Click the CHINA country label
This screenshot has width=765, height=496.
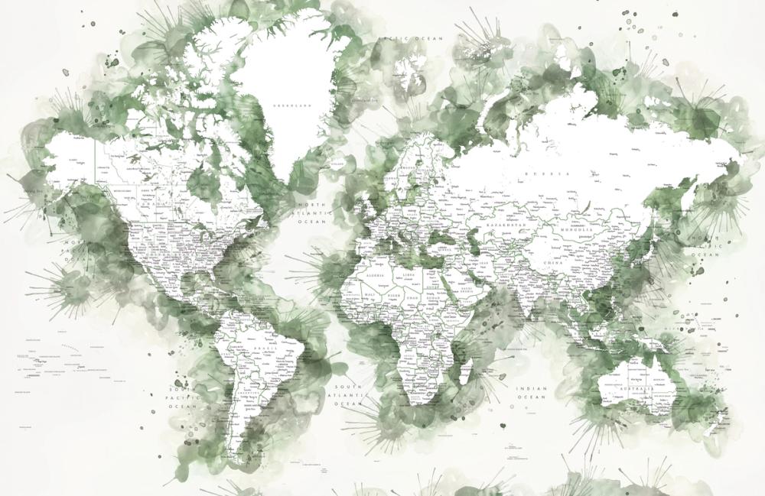(573, 262)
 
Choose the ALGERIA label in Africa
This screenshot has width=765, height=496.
(378, 273)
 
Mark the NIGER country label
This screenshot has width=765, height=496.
(392, 294)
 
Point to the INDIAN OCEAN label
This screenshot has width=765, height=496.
(532, 393)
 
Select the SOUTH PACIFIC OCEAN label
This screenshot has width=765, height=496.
(182, 398)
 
